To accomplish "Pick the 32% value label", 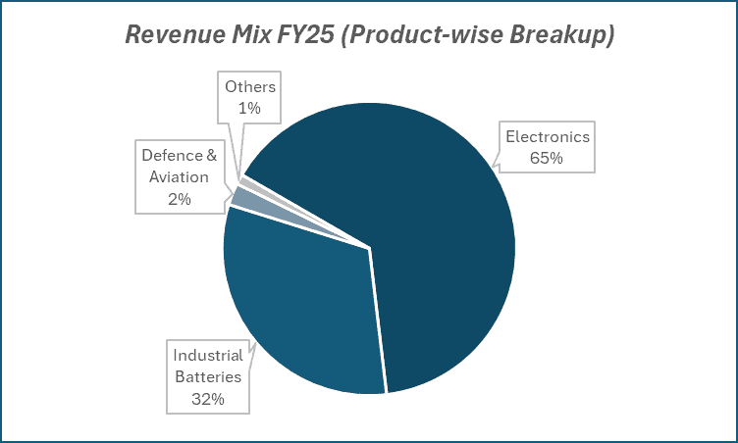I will [208, 399].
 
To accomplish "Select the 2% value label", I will [179, 199].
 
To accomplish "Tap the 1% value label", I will [250, 109].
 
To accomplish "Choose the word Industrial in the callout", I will [208, 355].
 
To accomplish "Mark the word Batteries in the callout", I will [207, 376].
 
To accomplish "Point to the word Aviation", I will [179, 176].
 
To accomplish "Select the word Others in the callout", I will [250, 87].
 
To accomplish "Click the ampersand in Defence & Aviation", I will [217, 155].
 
